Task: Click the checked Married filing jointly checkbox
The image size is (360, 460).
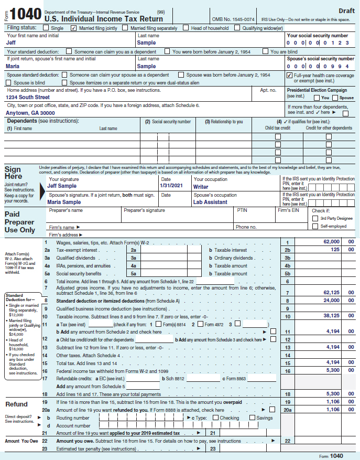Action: point(73,28)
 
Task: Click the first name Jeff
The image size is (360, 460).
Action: point(11,42)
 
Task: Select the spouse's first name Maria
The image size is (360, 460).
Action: point(13,67)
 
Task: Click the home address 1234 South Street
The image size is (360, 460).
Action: point(27,97)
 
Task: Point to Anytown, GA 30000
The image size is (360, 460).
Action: point(30,113)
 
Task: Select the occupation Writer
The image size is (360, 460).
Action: point(201,186)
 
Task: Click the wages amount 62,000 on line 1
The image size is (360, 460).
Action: point(331,241)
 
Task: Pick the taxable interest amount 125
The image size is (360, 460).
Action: point(335,250)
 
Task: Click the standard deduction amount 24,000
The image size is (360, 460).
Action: point(331,301)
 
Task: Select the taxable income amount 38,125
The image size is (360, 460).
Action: point(331,316)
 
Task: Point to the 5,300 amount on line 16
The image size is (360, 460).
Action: point(333,370)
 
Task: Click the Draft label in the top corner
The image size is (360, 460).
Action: point(346,11)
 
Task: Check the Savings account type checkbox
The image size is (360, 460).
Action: point(252,418)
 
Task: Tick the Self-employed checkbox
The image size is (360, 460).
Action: point(315,226)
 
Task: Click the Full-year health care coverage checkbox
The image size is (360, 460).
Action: point(289,75)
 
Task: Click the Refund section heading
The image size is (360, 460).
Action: point(16,404)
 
